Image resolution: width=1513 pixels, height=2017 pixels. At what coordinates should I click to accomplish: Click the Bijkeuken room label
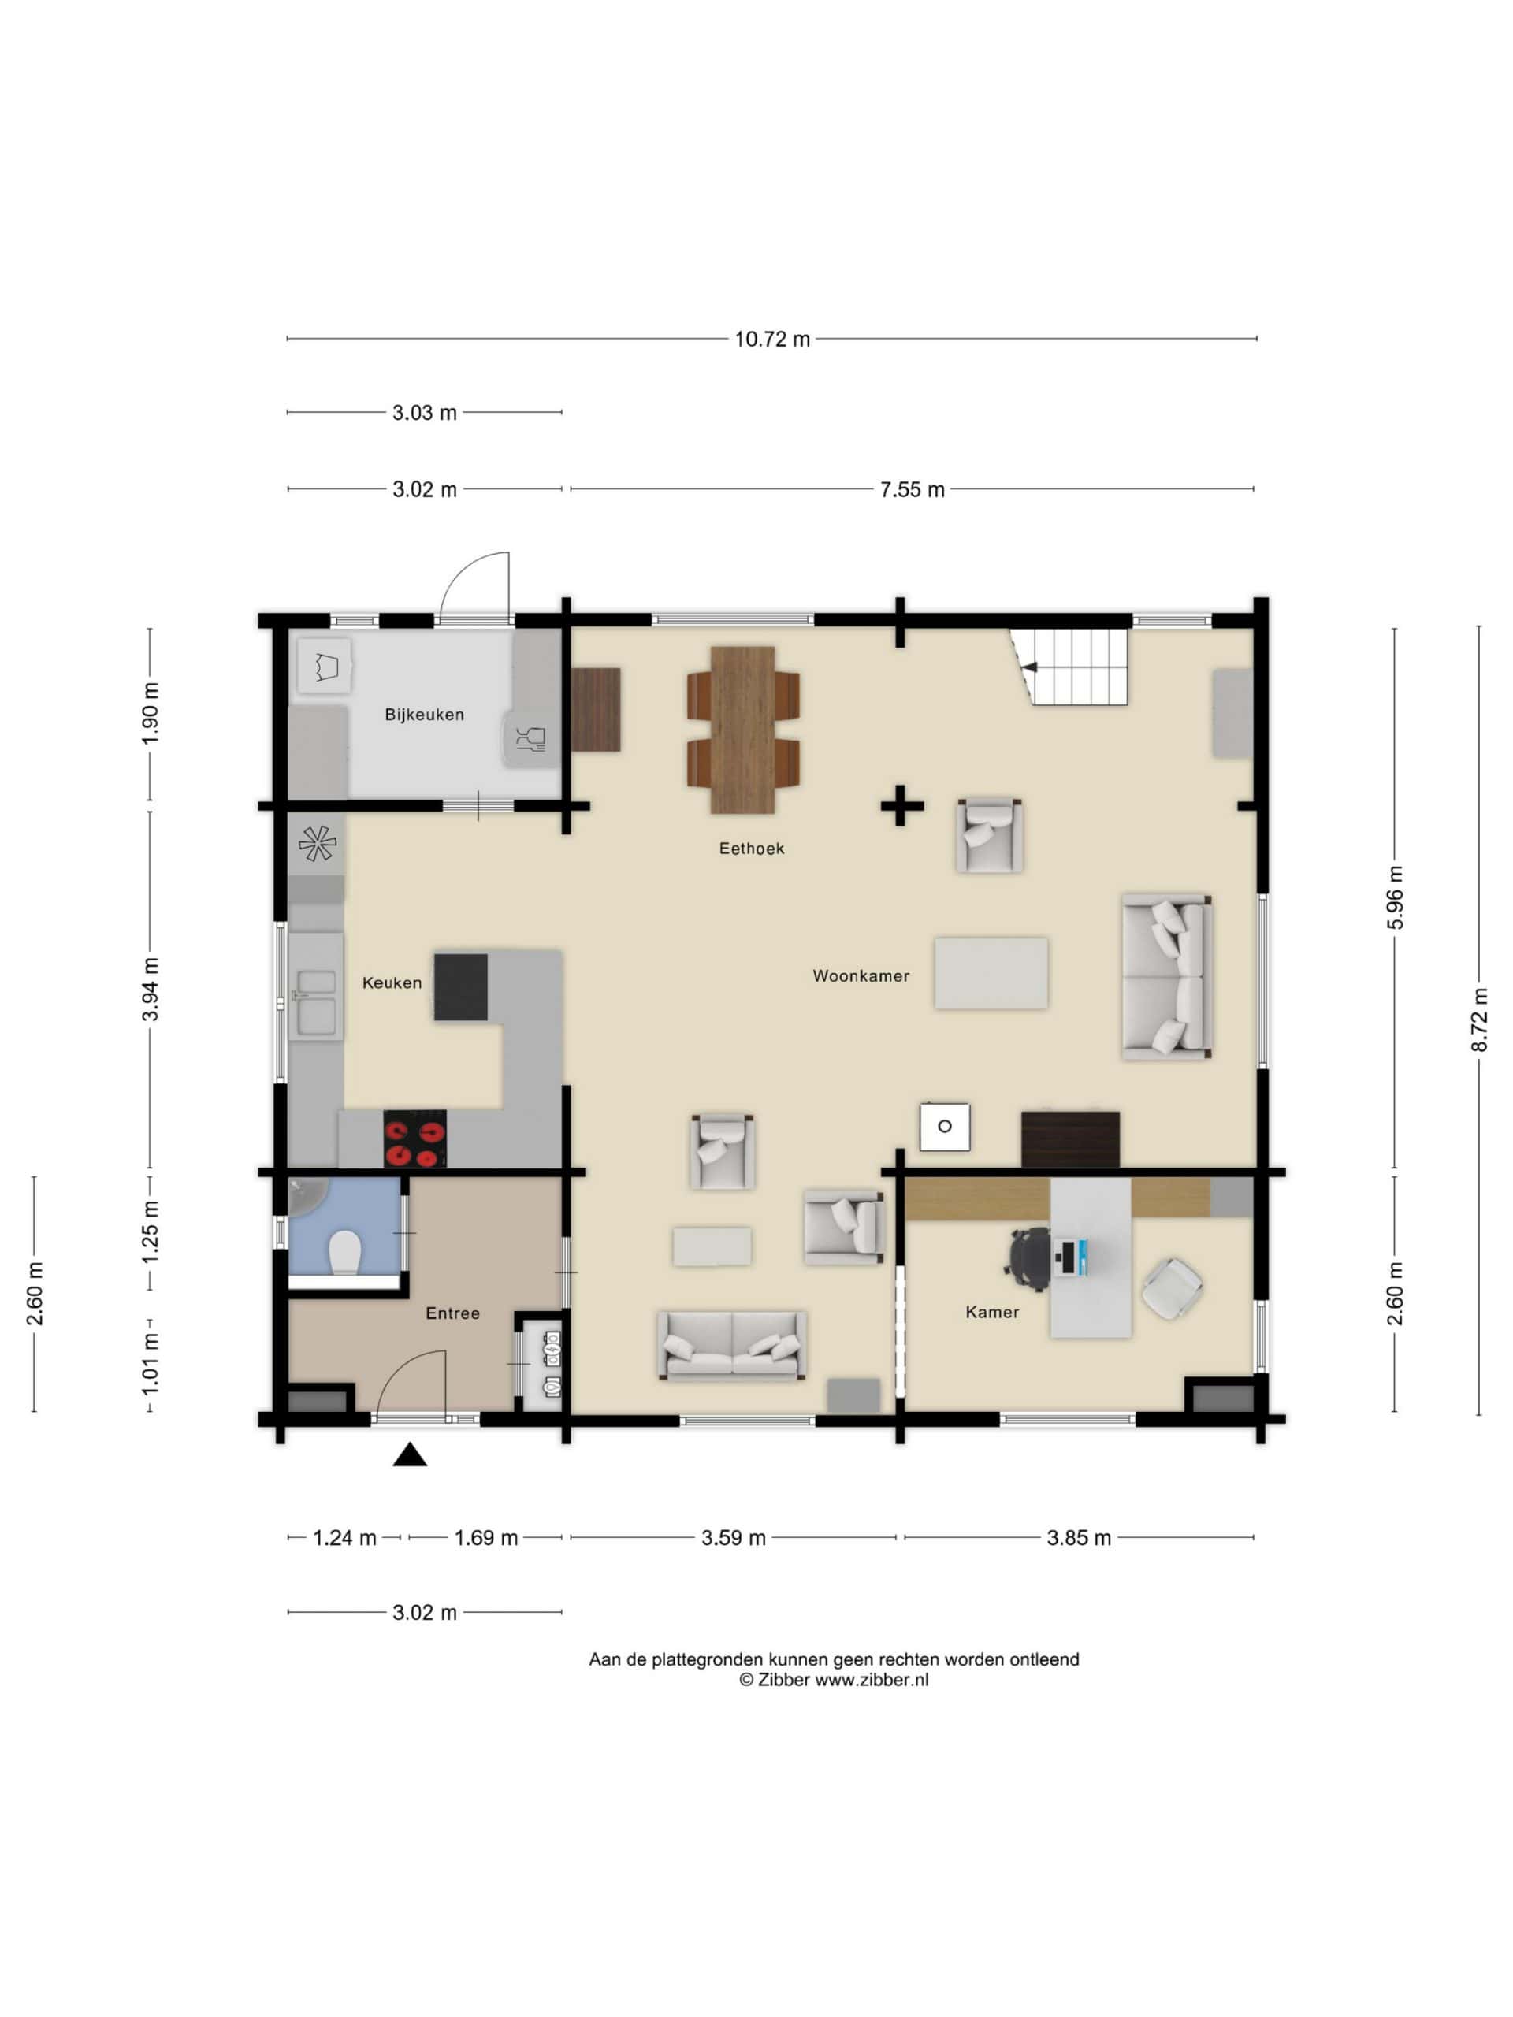pyautogui.click(x=424, y=715)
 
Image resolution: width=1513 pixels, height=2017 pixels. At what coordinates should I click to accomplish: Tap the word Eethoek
pyautogui.click(x=752, y=849)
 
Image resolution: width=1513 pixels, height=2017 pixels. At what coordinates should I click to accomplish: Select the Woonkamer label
pyautogui.click(x=861, y=975)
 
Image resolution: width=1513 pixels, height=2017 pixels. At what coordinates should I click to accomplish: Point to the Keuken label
pyautogui.click(x=392, y=983)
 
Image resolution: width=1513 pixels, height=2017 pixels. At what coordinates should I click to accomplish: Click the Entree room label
pyautogui.click(x=452, y=1313)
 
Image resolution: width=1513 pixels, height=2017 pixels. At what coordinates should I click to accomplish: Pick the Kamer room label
pyautogui.click(x=992, y=1312)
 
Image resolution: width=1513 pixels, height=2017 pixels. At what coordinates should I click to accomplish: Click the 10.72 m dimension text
pyautogui.click(x=772, y=340)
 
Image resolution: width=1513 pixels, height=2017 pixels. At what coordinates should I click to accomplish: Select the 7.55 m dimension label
pyautogui.click(x=912, y=489)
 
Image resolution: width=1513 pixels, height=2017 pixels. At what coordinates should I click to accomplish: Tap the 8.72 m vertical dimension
pyautogui.click(x=1479, y=1020)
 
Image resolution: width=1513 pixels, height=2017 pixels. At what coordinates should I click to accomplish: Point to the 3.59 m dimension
pyautogui.click(x=733, y=1538)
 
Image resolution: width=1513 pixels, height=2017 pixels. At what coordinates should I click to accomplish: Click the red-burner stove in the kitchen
pyautogui.click(x=415, y=1139)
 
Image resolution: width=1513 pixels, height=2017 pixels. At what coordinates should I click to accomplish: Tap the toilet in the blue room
pyautogui.click(x=344, y=1253)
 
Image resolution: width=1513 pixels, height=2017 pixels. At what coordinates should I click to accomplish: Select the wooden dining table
pyautogui.click(x=743, y=730)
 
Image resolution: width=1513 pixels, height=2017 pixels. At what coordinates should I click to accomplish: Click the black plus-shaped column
pyautogui.click(x=901, y=806)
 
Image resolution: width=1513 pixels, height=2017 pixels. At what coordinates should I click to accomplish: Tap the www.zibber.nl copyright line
pyautogui.click(x=834, y=1680)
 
